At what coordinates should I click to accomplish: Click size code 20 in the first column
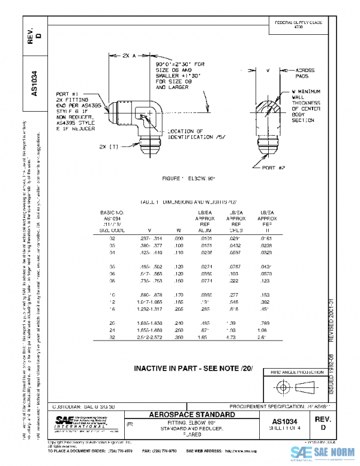(x=112, y=322)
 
